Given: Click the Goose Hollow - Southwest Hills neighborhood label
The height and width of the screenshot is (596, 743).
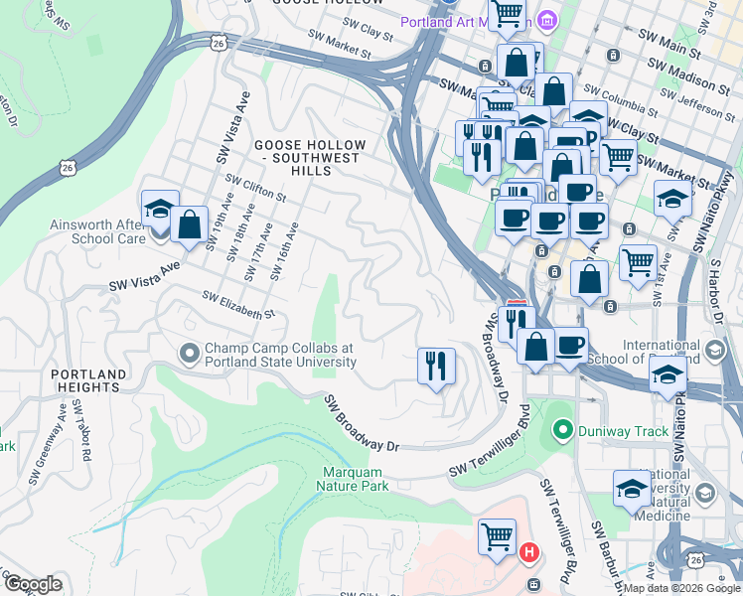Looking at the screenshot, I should click(x=309, y=158).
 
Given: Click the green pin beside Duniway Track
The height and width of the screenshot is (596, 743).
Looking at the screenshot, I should click(x=563, y=430).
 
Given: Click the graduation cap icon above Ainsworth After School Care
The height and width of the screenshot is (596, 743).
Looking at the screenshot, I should click(x=160, y=208).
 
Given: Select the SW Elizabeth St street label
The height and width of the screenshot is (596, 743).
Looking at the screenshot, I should click(x=238, y=305).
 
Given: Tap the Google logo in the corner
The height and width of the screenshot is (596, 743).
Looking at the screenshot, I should click(x=32, y=583).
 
